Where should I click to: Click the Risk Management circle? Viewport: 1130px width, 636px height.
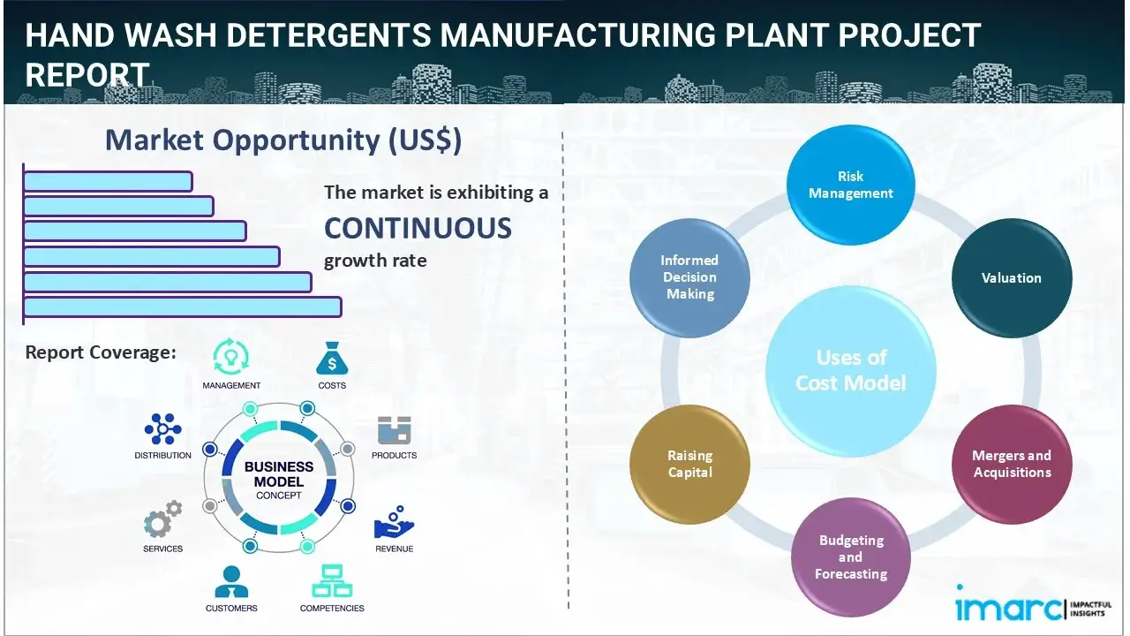click(x=851, y=185)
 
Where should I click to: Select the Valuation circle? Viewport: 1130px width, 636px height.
click(x=1011, y=277)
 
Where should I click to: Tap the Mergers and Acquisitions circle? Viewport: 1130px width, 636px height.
click(x=1011, y=464)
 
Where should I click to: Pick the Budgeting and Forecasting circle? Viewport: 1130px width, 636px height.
click(x=850, y=556)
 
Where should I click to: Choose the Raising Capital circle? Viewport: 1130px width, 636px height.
click(x=689, y=464)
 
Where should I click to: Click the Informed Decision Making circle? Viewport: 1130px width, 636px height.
click(x=689, y=277)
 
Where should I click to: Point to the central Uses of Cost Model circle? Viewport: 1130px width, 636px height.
click(x=851, y=370)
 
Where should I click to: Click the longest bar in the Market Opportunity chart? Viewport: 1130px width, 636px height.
click(x=182, y=307)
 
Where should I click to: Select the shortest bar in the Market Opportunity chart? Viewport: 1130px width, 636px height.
click(x=108, y=181)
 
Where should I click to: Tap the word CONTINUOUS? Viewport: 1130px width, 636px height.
click(x=418, y=228)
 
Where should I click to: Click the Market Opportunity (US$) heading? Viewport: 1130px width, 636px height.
click(x=282, y=140)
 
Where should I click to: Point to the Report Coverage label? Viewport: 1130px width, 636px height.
click(x=101, y=352)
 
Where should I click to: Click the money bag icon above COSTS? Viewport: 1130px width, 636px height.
click(x=331, y=359)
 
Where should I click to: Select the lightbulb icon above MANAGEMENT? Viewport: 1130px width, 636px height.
click(x=231, y=357)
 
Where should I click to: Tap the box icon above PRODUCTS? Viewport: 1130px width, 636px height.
click(x=394, y=431)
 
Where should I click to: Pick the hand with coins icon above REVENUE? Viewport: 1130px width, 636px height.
click(x=394, y=524)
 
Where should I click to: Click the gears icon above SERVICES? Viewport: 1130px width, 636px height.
click(x=162, y=521)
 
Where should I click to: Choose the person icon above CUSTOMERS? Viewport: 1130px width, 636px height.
click(x=231, y=581)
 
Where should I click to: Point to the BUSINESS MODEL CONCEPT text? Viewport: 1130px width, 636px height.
click(x=279, y=481)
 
